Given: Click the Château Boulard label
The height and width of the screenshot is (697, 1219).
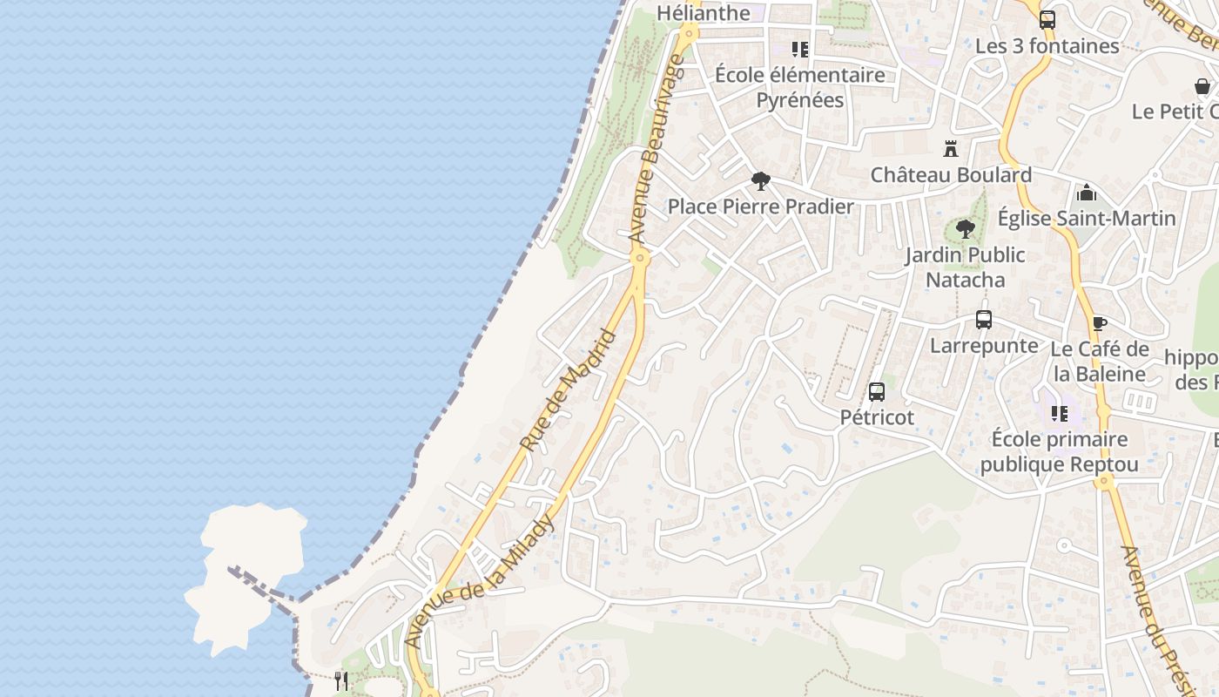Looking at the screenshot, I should (951, 175).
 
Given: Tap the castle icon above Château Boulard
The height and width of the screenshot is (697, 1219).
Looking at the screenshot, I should (951, 149).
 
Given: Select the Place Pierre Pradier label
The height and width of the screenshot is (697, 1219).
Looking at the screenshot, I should (760, 206).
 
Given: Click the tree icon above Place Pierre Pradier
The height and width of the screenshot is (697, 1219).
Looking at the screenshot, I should (760, 181).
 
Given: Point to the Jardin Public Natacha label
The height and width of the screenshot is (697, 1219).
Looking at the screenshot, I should (965, 267).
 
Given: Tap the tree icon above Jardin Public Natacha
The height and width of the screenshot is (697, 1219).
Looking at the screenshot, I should (965, 229).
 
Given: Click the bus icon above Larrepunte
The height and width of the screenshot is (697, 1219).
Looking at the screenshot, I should (984, 320).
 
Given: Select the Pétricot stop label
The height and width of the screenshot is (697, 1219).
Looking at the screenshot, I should (877, 417).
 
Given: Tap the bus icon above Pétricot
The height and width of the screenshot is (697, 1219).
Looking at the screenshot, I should (877, 392).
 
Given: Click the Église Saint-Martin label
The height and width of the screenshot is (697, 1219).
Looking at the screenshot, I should (1087, 218).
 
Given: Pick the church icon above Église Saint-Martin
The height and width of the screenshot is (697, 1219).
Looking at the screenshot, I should (1087, 193).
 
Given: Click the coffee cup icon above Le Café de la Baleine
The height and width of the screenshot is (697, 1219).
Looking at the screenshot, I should (1100, 324).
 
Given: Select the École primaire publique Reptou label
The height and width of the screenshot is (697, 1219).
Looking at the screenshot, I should (1060, 451).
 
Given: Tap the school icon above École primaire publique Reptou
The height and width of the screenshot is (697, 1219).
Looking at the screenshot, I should (1060, 413).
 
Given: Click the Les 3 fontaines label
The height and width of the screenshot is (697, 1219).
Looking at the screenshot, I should (1047, 46).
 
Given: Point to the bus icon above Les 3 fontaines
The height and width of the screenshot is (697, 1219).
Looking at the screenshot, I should (1047, 19).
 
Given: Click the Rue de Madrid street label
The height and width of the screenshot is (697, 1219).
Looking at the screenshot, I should (568, 389).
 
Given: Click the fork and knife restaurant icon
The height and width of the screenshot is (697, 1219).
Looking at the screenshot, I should (341, 680).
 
